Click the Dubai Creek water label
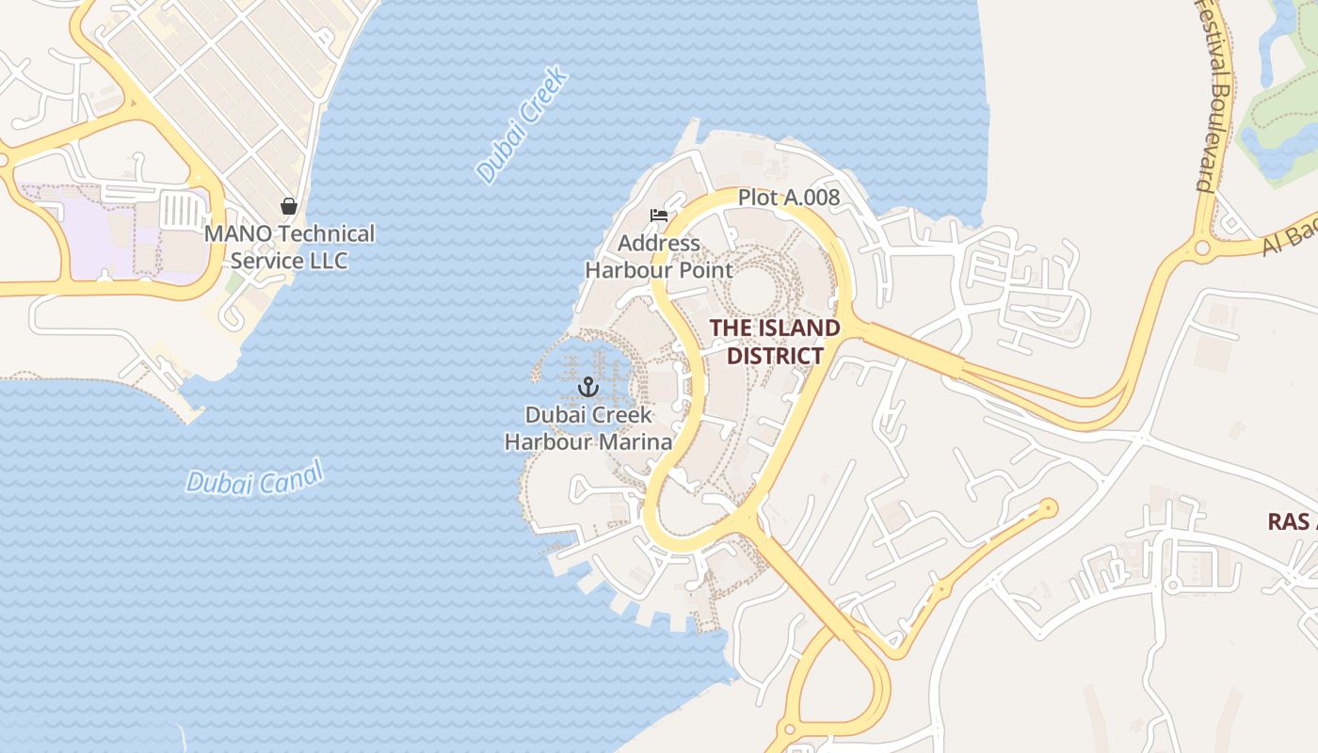522,124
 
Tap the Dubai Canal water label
254,476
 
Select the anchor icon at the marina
588,387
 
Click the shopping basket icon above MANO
289,206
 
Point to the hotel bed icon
659,216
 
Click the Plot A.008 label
788,198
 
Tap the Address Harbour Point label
659,257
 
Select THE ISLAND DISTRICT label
774,342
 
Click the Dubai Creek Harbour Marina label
588,428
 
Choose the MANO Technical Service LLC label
289,247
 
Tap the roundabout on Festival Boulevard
1201,248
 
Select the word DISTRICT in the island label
775,356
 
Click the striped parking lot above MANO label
177,209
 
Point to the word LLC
327,261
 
